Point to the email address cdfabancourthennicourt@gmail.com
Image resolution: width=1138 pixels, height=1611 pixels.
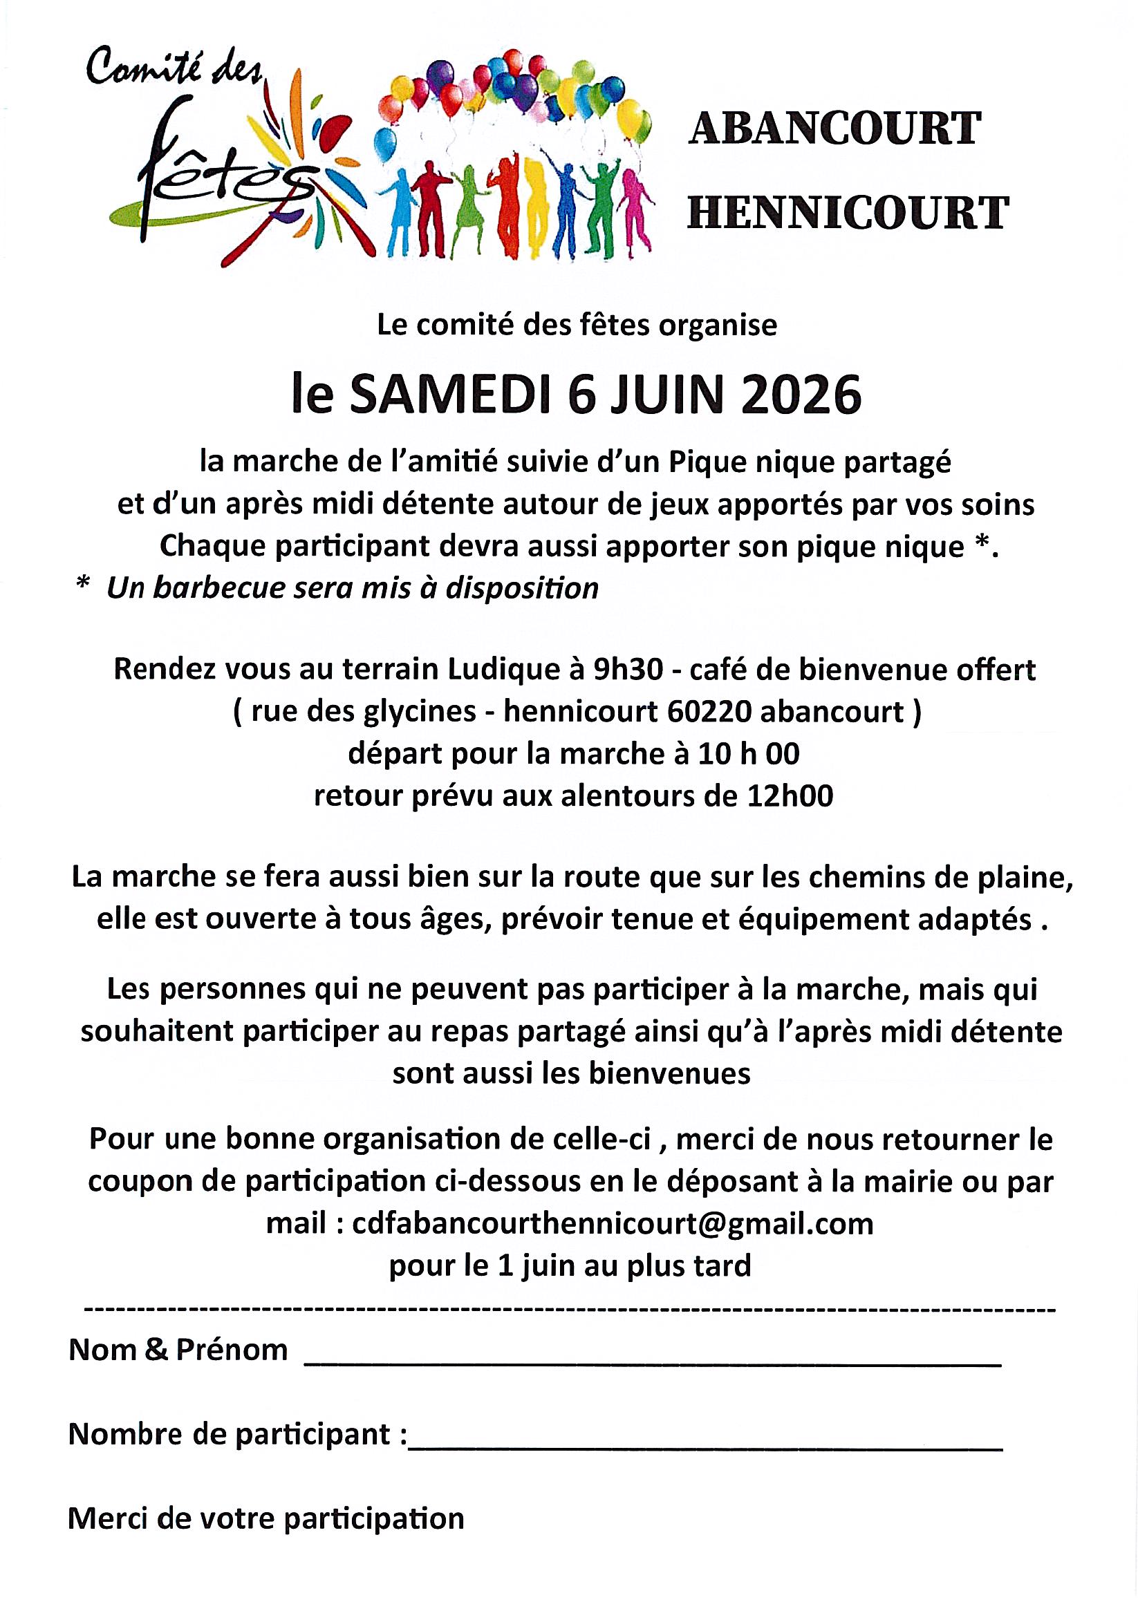click(612, 1224)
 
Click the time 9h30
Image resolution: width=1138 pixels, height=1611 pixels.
click(628, 671)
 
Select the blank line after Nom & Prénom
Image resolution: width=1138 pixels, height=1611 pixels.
click(651, 1362)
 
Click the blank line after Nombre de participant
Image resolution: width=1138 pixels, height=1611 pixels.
click(705, 1446)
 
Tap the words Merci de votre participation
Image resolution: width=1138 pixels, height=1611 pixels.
click(266, 1518)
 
